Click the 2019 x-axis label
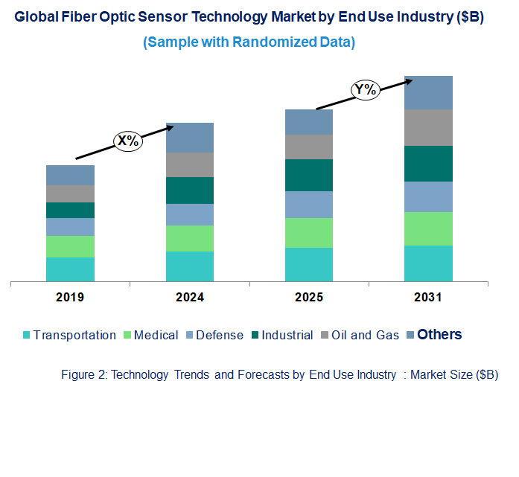(x=70, y=298)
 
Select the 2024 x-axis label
(x=190, y=298)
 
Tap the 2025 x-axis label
(x=309, y=298)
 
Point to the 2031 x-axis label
(x=428, y=298)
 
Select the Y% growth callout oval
(x=366, y=90)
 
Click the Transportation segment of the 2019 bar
(x=70, y=269)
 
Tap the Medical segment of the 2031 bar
(x=428, y=228)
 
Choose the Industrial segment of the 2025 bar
(x=309, y=175)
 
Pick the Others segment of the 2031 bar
(x=428, y=92)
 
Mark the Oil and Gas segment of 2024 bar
(x=190, y=164)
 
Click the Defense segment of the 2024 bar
(x=190, y=214)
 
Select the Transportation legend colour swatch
(x=27, y=336)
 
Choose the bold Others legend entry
(x=439, y=335)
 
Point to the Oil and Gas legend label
(x=366, y=336)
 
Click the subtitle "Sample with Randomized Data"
(x=249, y=42)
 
